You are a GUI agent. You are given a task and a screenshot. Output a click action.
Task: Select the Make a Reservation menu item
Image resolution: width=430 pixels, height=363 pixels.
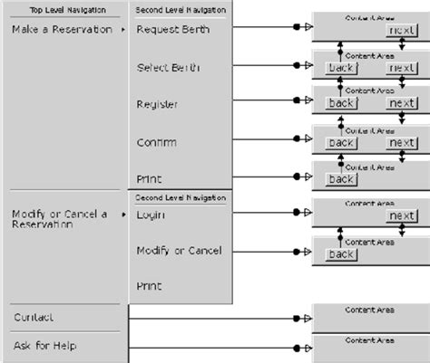pyautogui.click(x=63, y=30)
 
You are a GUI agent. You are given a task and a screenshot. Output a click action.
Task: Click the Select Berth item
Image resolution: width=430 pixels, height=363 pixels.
pyautogui.click(x=169, y=68)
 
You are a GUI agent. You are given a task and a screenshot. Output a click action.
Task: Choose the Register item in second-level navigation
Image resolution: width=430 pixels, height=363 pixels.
pyautogui.click(x=157, y=105)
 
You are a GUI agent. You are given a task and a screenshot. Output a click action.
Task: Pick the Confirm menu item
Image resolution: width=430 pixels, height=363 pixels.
pyautogui.click(x=156, y=142)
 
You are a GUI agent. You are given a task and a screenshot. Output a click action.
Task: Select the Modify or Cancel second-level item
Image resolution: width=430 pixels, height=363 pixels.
pyautogui.click(x=179, y=250)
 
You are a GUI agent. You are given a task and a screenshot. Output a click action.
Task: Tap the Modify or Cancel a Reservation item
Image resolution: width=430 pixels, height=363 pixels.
pyautogui.click(x=59, y=218)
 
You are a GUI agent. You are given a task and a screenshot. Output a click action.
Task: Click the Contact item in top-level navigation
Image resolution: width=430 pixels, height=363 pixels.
pyautogui.click(x=34, y=317)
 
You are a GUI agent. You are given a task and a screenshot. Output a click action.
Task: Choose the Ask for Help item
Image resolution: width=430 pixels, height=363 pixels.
pyautogui.click(x=44, y=346)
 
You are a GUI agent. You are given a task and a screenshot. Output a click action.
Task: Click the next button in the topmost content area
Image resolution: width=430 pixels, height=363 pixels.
pyautogui.click(x=401, y=31)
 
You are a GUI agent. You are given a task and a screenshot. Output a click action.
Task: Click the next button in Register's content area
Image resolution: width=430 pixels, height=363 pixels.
pyautogui.click(x=401, y=103)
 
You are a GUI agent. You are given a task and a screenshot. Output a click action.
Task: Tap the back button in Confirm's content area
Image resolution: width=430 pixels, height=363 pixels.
pyautogui.click(x=341, y=142)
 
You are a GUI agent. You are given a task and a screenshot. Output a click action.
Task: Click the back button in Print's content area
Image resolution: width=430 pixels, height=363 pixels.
pyautogui.click(x=341, y=178)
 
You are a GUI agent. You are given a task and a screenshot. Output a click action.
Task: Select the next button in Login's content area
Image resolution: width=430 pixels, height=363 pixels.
pyautogui.click(x=401, y=216)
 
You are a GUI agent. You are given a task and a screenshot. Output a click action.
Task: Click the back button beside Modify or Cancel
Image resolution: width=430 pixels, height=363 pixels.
pyautogui.click(x=341, y=254)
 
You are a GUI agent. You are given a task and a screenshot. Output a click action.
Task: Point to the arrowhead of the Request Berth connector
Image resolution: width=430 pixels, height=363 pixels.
pyautogui.click(x=308, y=30)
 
